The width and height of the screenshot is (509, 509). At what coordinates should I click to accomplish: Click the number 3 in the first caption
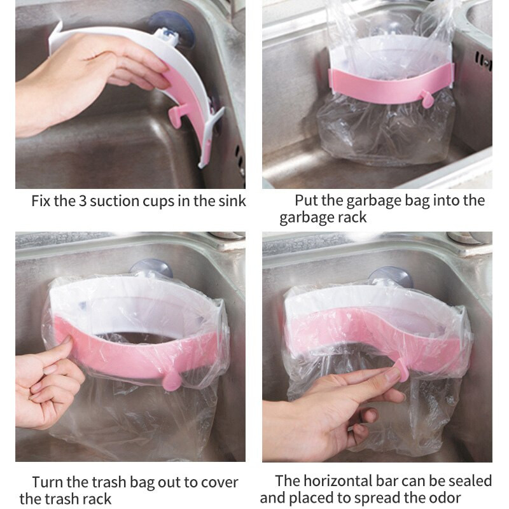click(x=82, y=201)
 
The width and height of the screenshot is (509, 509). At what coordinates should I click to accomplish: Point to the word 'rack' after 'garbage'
click(x=352, y=218)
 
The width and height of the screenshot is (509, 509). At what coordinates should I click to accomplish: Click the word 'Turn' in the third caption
click(x=47, y=482)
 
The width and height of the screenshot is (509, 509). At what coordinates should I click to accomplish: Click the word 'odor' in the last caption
click(x=446, y=498)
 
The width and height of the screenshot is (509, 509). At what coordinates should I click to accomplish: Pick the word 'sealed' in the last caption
click(x=470, y=481)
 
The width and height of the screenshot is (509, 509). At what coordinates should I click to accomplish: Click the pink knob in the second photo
click(x=427, y=99)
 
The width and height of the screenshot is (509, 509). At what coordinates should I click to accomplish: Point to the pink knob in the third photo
click(x=171, y=381)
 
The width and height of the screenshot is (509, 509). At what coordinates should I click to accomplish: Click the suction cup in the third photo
click(x=151, y=268)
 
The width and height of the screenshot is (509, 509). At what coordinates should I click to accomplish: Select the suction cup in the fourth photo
click(x=391, y=277)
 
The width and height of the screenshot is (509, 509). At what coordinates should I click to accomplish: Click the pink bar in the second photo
click(x=391, y=86)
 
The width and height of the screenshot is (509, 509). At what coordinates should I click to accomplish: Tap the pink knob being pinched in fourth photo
click(x=403, y=370)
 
